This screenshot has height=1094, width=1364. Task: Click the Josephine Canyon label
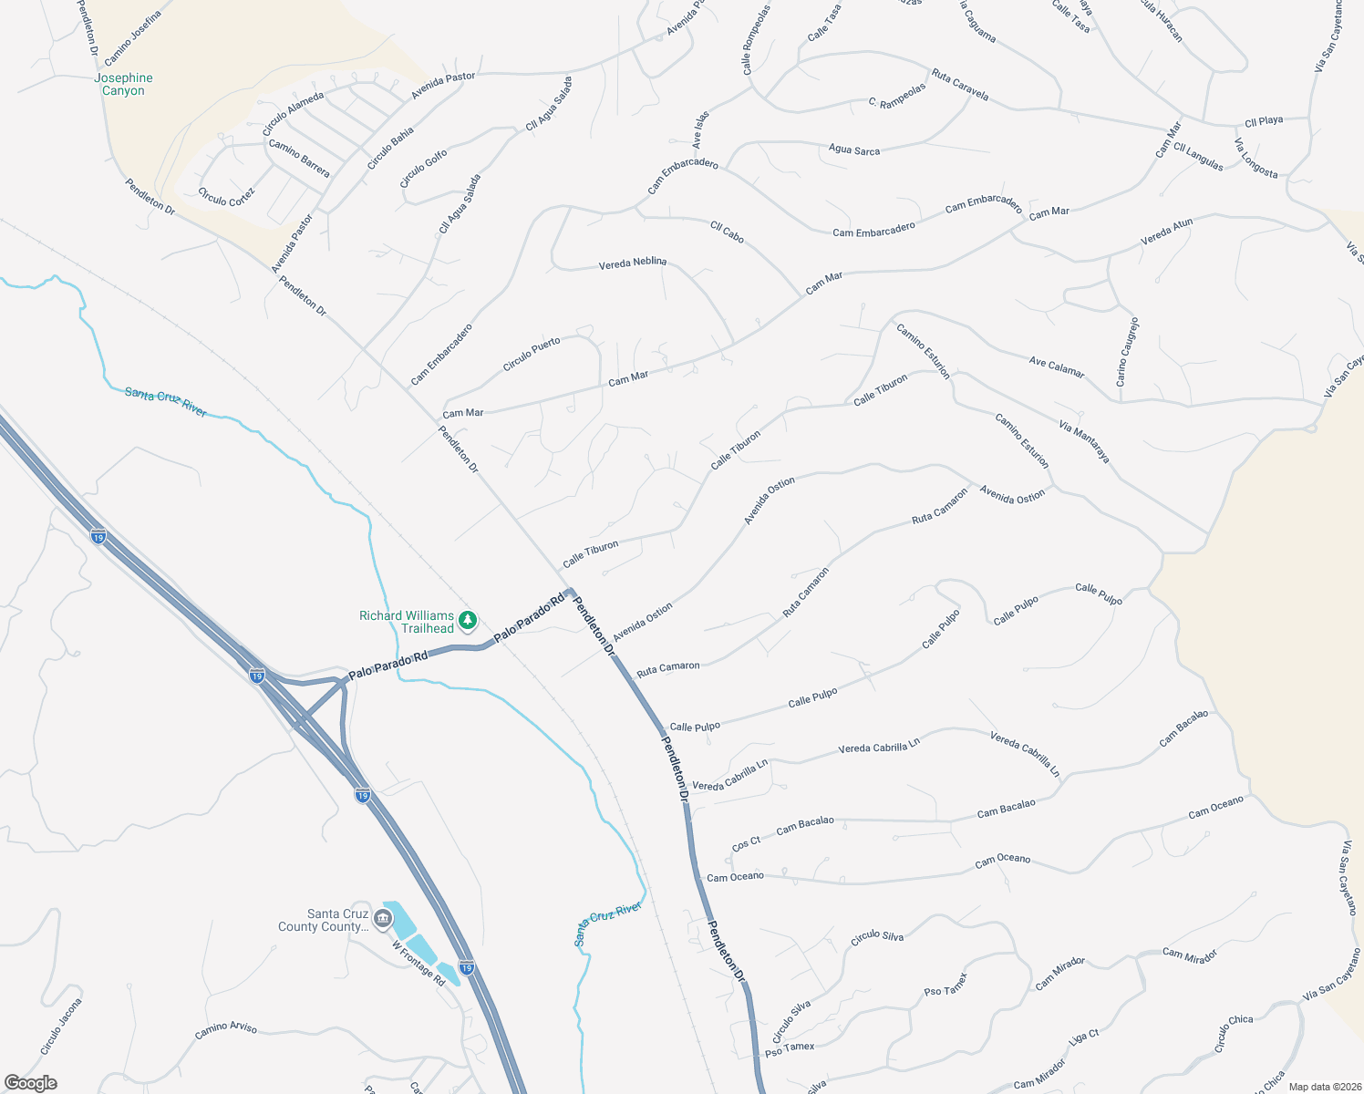[123, 85]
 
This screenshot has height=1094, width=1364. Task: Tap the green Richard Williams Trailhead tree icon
[468, 621]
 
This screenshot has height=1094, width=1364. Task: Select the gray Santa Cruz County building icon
[384, 917]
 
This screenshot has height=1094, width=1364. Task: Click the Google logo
[30, 1082]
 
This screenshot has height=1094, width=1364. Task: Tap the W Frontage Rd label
[418, 964]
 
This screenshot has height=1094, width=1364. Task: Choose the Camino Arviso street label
[226, 1029]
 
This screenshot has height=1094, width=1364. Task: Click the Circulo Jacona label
[61, 1027]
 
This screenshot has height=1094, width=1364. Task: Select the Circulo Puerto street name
[532, 355]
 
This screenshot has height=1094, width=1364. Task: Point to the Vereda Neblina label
[633, 263]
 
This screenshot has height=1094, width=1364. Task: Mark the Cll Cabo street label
[727, 232]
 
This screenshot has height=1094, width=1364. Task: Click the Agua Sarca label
[854, 150]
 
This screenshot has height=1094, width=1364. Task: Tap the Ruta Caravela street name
[959, 85]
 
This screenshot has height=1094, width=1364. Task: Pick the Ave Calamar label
[1057, 367]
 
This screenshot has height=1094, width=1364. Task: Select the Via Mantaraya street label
[1084, 442]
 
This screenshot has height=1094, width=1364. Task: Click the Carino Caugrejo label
[1128, 352]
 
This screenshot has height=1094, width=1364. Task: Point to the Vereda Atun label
[1167, 232]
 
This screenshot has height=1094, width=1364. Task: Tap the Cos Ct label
[746, 843]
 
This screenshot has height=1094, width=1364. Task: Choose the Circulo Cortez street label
[227, 196]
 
